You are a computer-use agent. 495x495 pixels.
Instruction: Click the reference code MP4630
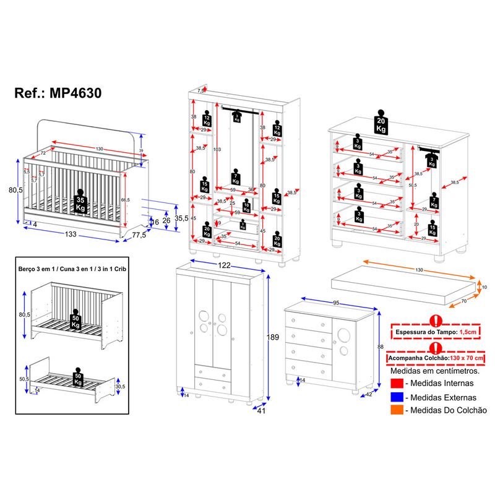(58, 93)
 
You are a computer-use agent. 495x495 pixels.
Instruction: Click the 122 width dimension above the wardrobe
(223, 265)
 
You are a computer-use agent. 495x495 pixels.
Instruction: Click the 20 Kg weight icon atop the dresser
(381, 124)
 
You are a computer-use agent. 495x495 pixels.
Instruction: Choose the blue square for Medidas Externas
(397, 398)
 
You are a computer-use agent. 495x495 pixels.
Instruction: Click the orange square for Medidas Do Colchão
(397, 410)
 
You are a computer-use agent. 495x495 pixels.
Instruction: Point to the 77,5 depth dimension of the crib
(140, 235)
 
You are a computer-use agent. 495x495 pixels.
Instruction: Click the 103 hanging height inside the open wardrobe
(217, 150)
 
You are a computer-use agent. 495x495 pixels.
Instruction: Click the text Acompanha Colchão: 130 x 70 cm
(437, 358)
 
